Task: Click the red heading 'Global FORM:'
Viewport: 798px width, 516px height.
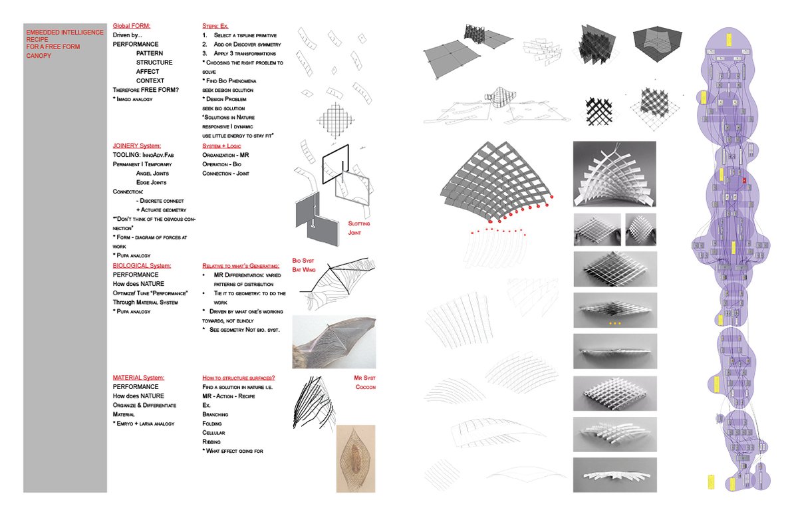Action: coord(131,25)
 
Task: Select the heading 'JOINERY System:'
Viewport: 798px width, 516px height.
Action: coord(137,145)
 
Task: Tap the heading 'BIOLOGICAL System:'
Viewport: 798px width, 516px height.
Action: coord(142,265)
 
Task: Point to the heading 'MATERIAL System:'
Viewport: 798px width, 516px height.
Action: coord(139,377)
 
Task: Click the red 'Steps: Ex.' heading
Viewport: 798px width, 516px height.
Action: coord(215,25)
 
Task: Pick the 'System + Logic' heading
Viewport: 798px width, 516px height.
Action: coord(222,145)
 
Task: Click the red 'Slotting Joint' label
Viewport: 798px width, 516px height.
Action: coord(358,228)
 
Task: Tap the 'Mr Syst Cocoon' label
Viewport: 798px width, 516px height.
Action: coord(366,382)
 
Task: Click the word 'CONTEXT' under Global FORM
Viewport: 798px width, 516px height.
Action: coord(150,80)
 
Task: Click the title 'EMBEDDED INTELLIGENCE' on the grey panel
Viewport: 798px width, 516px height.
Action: coord(65,32)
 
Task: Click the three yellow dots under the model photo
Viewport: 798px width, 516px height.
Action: coord(614,324)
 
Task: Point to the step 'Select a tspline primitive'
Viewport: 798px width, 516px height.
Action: coord(245,34)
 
